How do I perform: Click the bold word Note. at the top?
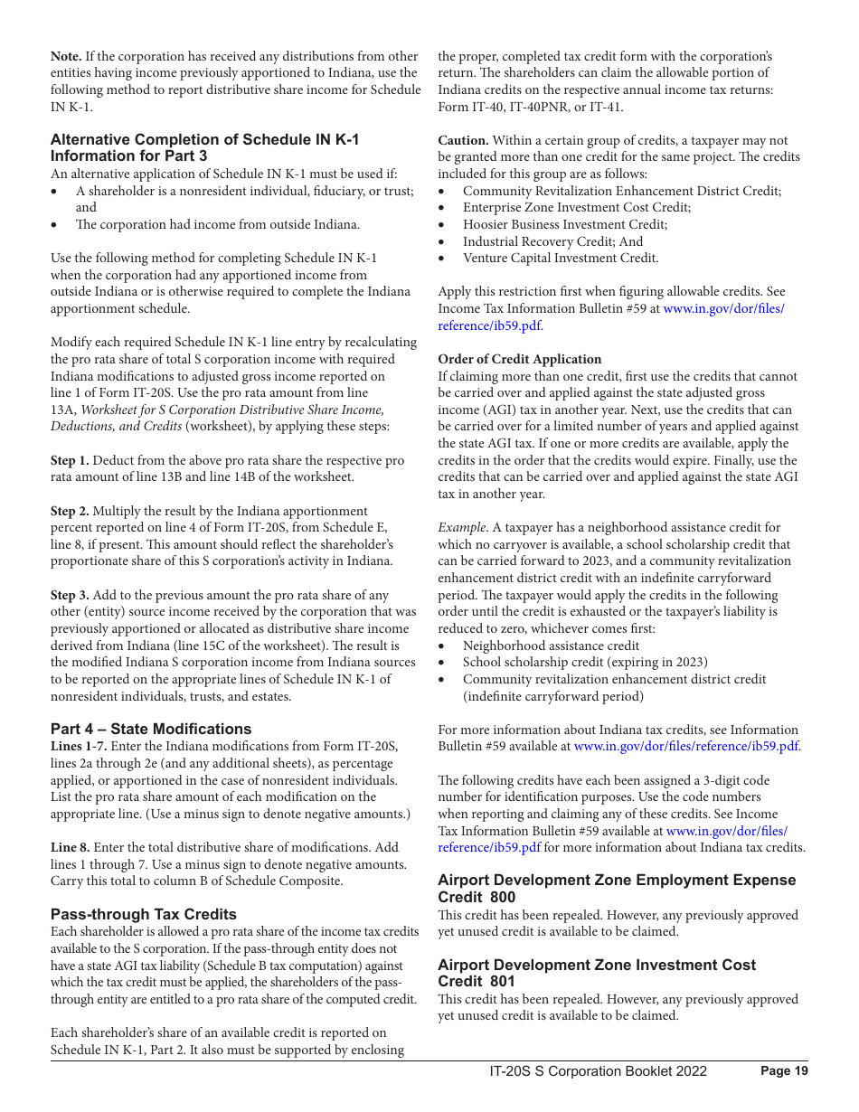(x=66, y=57)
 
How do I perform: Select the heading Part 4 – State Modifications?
(x=151, y=729)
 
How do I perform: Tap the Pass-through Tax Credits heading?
(x=143, y=914)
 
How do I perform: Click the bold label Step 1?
(x=70, y=460)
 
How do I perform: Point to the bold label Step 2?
(x=70, y=511)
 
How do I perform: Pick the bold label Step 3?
(x=70, y=595)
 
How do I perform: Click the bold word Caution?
(x=463, y=140)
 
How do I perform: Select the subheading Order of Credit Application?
(x=519, y=359)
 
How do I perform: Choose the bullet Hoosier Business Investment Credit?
(x=552, y=224)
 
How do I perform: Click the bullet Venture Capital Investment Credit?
(x=561, y=258)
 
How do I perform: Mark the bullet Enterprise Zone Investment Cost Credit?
(x=576, y=207)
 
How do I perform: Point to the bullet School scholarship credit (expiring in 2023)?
(x=585, y=663)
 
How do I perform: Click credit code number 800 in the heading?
(x=502, y=897)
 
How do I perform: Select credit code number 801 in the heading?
(x=502, y=981)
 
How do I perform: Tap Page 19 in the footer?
(x=784, y=1071)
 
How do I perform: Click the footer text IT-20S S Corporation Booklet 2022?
(x=598, y=1071)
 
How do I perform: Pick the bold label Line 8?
(x=70, y=847)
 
